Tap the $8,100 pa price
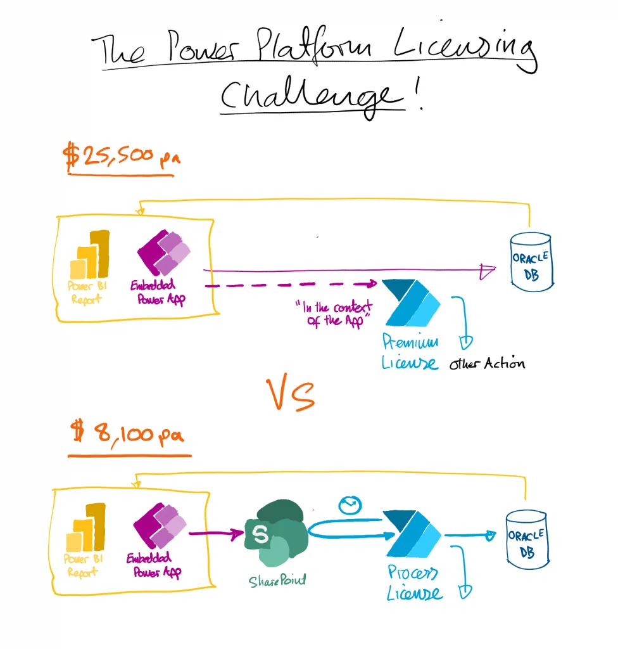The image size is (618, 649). click(x=127, y=432)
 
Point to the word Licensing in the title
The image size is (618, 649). click(x=465, y=49)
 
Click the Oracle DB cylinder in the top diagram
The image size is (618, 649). click(x=531, y=262)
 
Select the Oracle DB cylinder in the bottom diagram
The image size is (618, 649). click(x=527, y=540)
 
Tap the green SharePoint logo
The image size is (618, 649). click(x=277, y=533)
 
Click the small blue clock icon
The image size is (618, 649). click(x=350, y=505)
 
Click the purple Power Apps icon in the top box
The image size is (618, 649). click(x=164, y=252)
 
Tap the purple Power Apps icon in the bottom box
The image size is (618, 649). click(x=160, y=525)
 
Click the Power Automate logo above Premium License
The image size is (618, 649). click(x=411, y=302)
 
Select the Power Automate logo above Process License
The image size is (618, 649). click(x=413, y=534)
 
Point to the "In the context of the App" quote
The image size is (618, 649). click(x=334, y=314)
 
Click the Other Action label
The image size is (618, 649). click(x=488, y=363)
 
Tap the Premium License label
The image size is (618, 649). click(x=410, y=351)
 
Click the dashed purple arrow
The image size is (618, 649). click(x=291, y=285)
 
